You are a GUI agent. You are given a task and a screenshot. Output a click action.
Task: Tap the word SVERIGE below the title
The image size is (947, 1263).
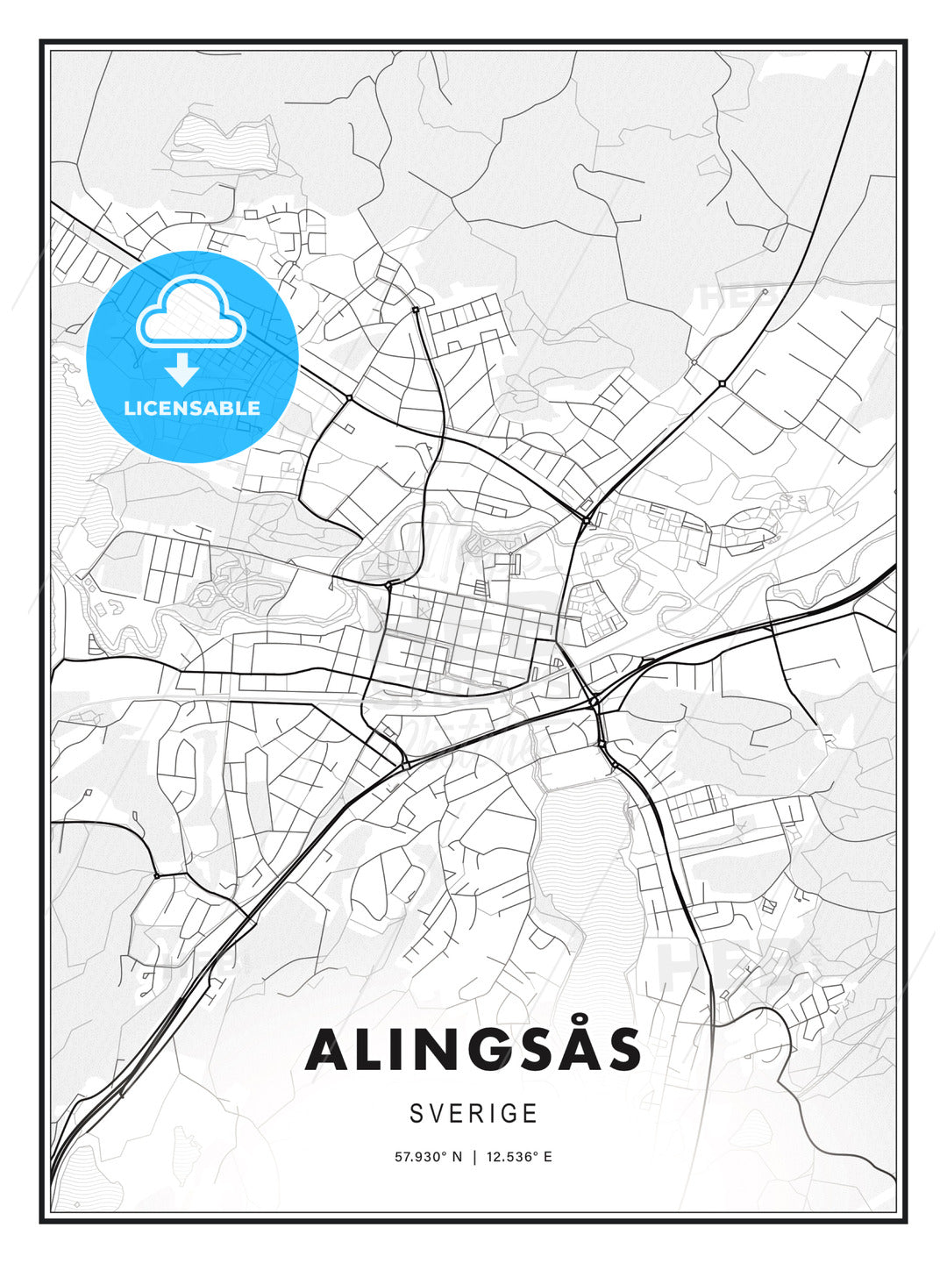coord(473,1113)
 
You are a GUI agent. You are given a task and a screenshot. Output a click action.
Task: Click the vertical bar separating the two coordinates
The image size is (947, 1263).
coord(473,1157)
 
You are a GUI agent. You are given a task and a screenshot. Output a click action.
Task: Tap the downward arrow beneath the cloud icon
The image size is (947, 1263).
coord(182,369)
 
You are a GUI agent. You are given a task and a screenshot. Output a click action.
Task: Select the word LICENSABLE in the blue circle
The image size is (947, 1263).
coord(192,408)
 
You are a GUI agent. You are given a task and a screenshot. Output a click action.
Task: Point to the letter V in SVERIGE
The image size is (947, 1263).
coord(437,1113)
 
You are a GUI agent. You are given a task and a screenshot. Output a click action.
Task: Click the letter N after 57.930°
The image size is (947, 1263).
coord(456,1157)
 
